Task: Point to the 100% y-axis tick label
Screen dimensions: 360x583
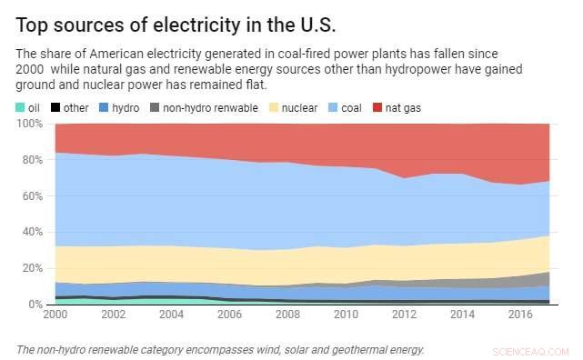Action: pos(29,125)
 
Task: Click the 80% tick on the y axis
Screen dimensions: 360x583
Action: pos(32,160)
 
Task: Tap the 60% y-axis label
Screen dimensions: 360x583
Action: pos(32,196)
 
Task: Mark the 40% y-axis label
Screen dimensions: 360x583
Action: pos(32,232)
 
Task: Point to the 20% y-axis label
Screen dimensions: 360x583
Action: pos(32,268)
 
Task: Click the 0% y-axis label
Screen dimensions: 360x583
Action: pos(35,304)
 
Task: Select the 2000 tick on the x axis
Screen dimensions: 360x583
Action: pos(55,314)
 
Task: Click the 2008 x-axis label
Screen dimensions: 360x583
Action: pos(287,314)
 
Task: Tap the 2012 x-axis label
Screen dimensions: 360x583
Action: pos(403,314)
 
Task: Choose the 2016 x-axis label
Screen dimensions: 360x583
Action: pos(519,314)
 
